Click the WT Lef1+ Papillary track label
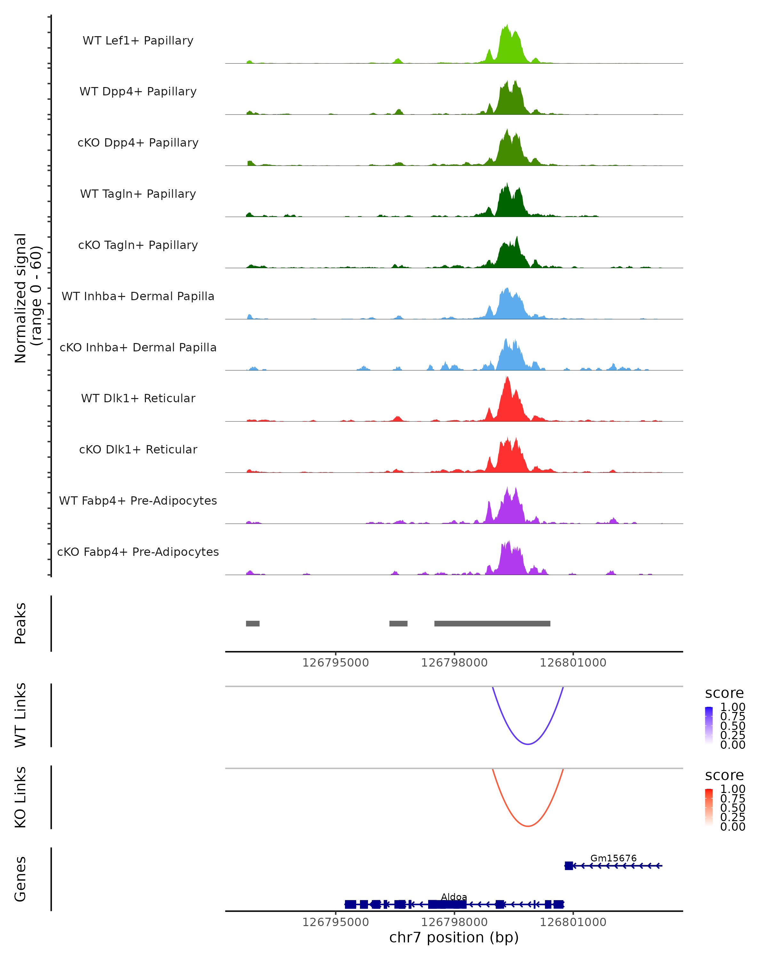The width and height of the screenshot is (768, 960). pos(138,41)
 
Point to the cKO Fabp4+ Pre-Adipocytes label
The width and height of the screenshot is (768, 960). pos(138,552)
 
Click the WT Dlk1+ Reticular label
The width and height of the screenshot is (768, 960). pos(138,398)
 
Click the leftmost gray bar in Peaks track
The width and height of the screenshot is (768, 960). pos(252,623)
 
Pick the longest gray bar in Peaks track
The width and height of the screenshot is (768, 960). pos(492,623)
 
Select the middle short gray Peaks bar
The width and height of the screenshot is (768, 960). pos(398,623)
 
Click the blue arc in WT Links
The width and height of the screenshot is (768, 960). pos(528,744)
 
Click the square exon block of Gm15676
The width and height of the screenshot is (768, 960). pos(569,866)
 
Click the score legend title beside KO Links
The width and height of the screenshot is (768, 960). pos(724,775)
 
